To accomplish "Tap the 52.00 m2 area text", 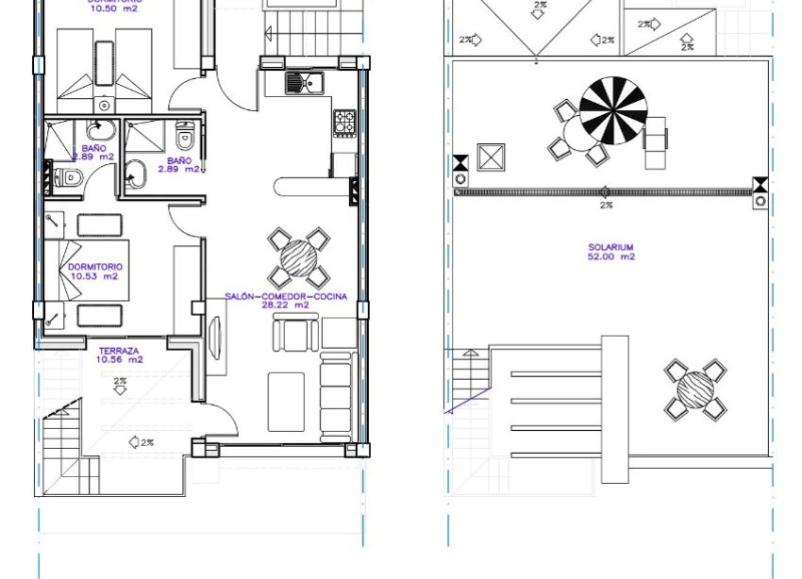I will click(610, 256).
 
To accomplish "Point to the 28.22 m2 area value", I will click(286, 306).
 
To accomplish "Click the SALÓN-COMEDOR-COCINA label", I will click(286, 296).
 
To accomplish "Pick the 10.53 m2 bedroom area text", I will click(93, 277).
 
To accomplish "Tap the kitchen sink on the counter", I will click(305, 82).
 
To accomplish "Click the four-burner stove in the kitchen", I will click(344, 122).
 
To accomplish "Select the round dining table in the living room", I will click(299, 257).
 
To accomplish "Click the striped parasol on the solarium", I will click(613, 109).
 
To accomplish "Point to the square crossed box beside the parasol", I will click(492, 157).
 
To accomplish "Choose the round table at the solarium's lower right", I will click(696, 389).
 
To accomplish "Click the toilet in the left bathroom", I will click(67, 176).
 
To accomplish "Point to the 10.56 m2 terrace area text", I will click(119, 359).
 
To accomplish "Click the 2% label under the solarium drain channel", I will click(606, 205).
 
